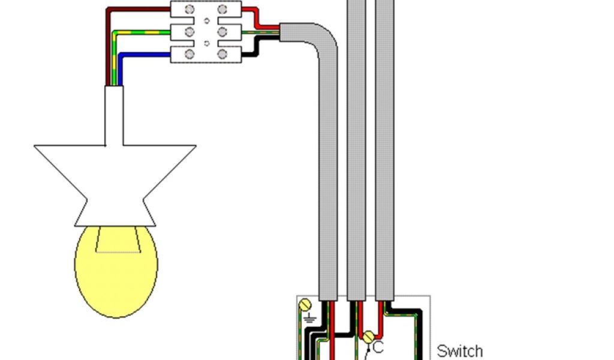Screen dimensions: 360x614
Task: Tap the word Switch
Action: point(459,350)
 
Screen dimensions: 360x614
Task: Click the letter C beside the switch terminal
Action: point(378,347)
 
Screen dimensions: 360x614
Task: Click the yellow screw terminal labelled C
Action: point(368,338)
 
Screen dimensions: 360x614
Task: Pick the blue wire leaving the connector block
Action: point(144,55)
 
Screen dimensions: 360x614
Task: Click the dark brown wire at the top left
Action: point(138,9)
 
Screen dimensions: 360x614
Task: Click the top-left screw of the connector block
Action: point(190,9)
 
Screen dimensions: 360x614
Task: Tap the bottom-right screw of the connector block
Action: point(222,54)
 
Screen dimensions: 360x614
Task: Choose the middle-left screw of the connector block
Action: point(190,31)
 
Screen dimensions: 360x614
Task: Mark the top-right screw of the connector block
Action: point(222,9)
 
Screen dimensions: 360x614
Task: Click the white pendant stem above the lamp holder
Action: point(115,114)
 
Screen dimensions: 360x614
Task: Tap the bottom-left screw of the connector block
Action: point(190,54)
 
